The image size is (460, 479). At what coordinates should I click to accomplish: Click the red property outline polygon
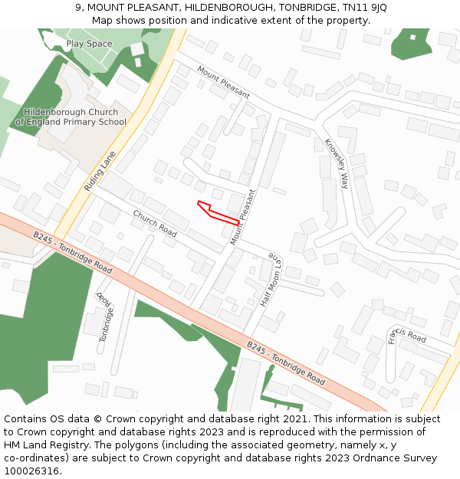[218, 212]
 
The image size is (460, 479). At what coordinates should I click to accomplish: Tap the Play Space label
[89, 44]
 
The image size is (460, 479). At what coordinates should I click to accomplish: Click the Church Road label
[155, 223]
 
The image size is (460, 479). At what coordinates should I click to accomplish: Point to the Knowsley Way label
[336, 164]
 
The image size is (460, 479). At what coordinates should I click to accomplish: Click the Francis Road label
[406, 335]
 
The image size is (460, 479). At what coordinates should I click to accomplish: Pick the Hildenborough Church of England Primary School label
[71, 117]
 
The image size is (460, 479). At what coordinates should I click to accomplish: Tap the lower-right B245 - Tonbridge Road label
[285, 363]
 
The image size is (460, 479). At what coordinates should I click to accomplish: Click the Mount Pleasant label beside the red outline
[242, 218]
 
